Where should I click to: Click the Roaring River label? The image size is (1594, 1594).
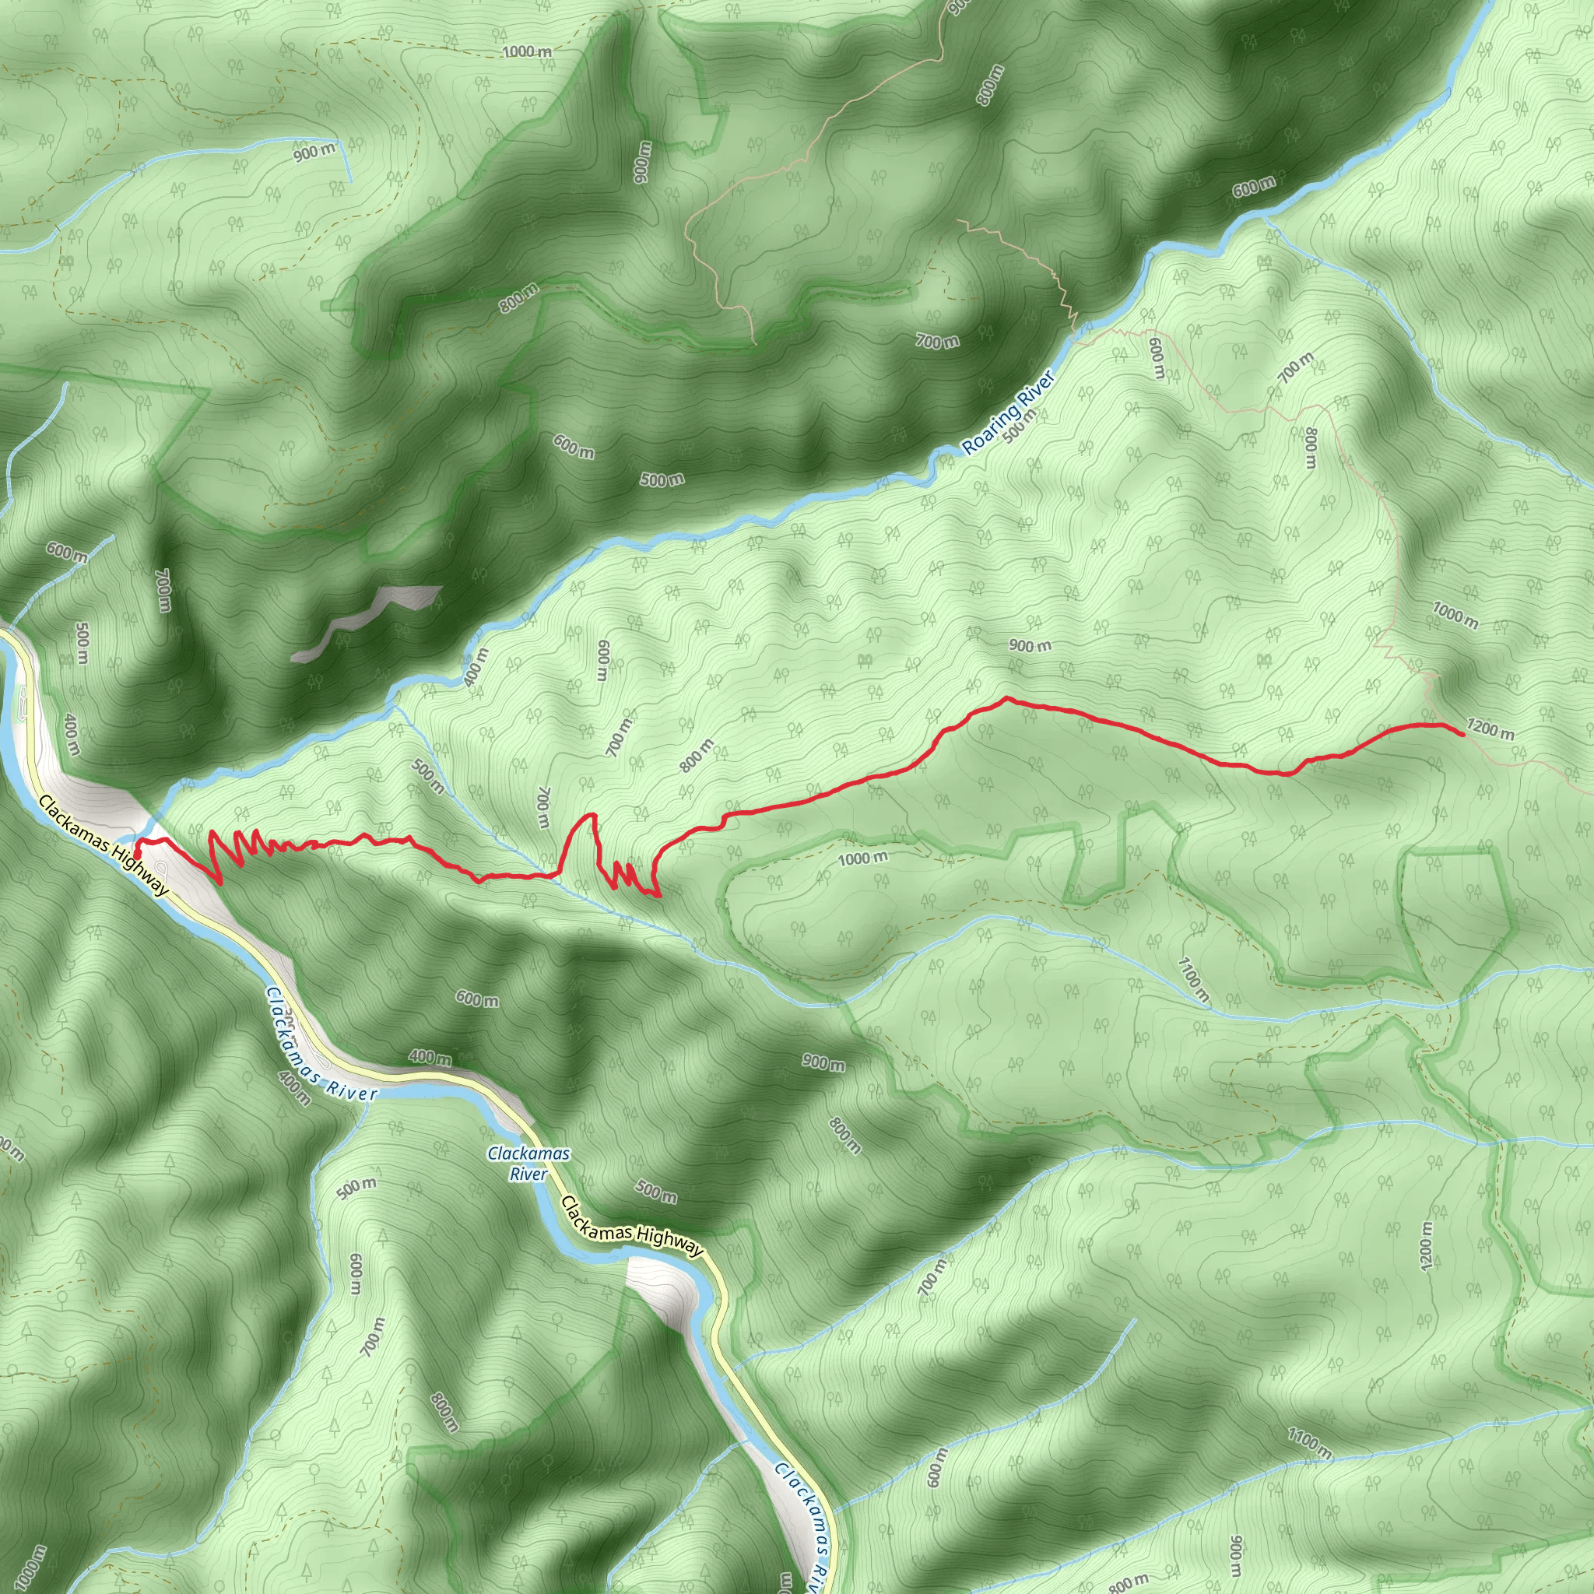pyautogui.click(x=1008, y=412)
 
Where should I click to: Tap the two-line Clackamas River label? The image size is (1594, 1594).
pyautogui.click(x=528, y=1164)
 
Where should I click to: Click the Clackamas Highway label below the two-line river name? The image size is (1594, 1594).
pyautogui.click(x=632, y=1227)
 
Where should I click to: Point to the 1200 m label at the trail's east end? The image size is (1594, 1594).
pyautogui.click(x=1490, y=729)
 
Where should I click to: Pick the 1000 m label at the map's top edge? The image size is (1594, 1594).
pyautogui.click(x=526, y=51)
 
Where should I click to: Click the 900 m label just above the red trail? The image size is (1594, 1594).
pyautogui.click(x=1030, y=645)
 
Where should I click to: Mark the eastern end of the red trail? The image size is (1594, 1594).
pyautogui.click(x=1462, y=734)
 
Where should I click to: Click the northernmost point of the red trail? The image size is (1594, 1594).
pyautogui.click(x=1006, y=699)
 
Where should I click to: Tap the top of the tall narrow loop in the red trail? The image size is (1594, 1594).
pyautogui.click(x=591, y=815)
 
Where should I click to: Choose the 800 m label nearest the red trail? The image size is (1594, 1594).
pyautogui.click(x=697, y=756)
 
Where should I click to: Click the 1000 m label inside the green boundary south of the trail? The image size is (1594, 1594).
pyautogui.click(x=862, y=858)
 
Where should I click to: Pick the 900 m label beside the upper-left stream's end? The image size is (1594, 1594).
pyautogui.click(x=314, y=152)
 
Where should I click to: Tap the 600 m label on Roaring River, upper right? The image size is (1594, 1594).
pyautogui.click(x=1253, y=188)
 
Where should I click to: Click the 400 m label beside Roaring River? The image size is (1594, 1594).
pyautogui.click(x=476, y=667)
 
